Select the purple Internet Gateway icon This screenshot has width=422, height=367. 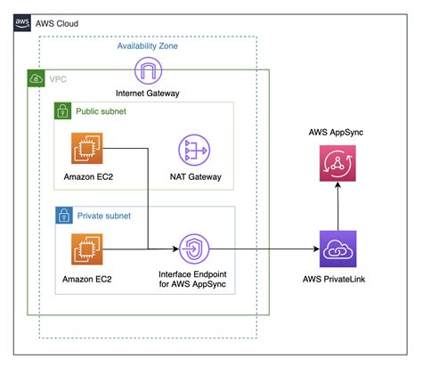click(149, 70)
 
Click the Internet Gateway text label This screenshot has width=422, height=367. click(149, 94)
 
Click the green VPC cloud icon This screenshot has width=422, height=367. click(37, 79)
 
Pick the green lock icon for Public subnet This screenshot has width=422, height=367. click(63, 112)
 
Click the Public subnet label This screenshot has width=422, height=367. click(101, 112)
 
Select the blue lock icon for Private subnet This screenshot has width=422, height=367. click(63, 216)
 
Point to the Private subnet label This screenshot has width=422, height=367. click(104, 216)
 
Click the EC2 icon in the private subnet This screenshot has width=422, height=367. click(86, 251)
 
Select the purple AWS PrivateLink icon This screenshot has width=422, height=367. click(337, 250)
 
